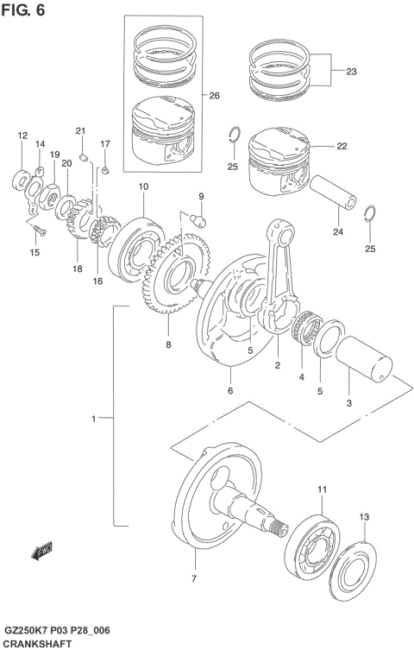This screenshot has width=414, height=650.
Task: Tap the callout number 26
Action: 214,96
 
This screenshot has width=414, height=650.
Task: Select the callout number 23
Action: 350,71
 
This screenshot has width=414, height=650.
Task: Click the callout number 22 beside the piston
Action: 342,146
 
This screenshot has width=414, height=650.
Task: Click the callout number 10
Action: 142,187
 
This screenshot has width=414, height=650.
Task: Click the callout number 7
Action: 193,577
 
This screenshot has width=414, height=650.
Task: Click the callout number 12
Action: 22,136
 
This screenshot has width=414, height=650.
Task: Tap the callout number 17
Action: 105,143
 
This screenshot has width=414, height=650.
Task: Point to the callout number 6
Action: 230,391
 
